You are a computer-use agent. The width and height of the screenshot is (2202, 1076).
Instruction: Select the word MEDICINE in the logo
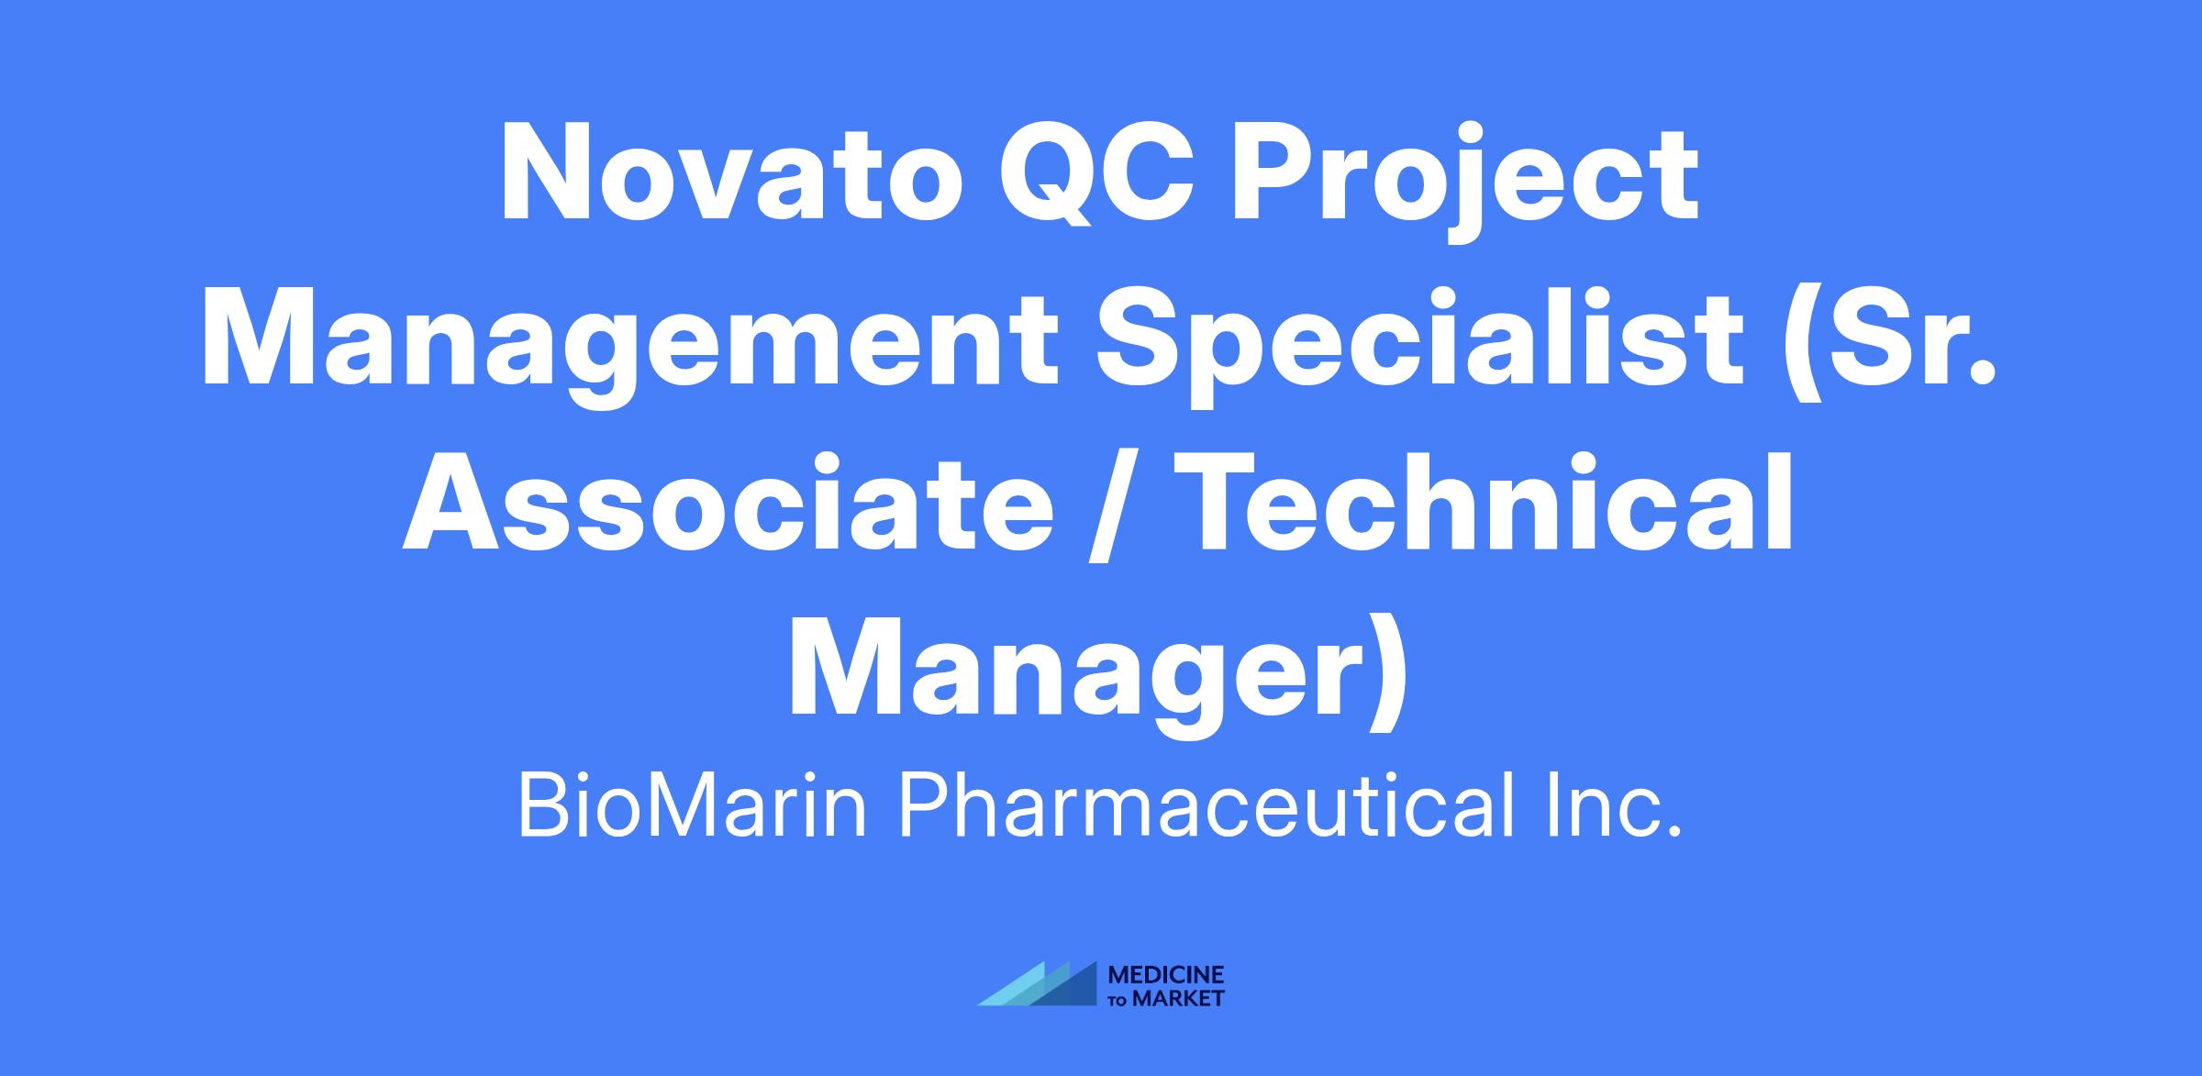[x=1166, y=974]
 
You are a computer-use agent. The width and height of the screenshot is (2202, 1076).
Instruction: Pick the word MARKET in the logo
[x=1178, y=998]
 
